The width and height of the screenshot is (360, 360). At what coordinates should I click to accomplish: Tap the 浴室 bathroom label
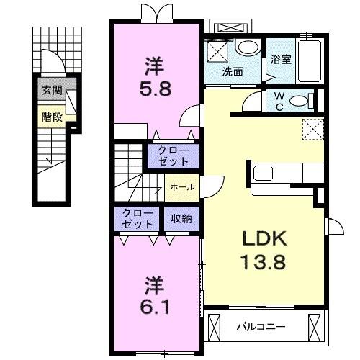pos(280,60)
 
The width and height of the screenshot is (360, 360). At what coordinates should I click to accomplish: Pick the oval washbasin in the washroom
pos(247,48)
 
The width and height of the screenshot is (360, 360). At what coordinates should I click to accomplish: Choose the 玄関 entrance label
pos(50,91)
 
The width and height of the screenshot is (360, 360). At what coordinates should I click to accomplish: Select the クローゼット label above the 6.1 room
pos(136,219)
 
